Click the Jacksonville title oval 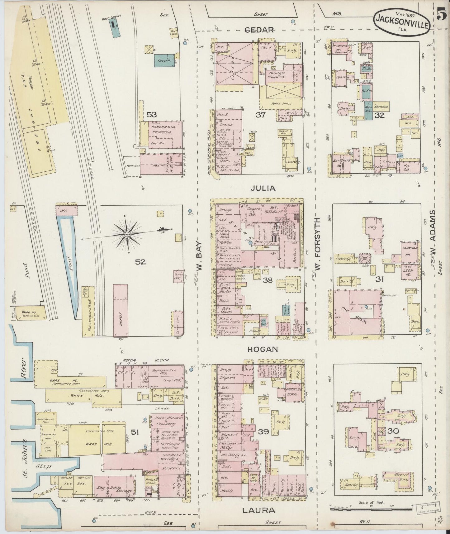tap(402, 19)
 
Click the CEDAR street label tap(259, 30)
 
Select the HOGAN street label tap(262, 350)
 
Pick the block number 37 tap(260, 115)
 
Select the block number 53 tap(152, 115)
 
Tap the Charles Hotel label tap(294, 392)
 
